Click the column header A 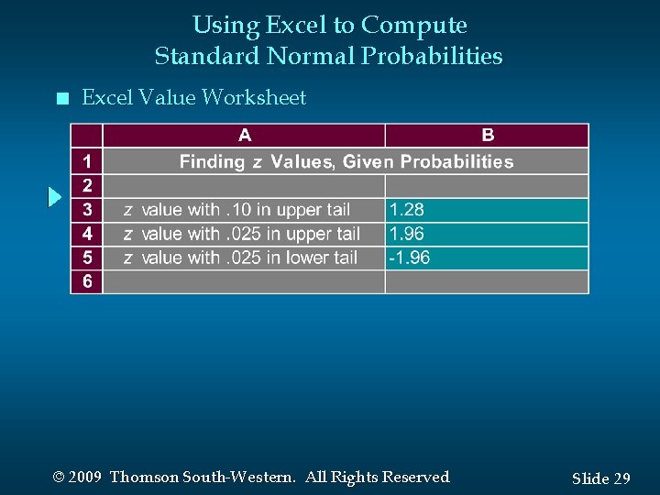point(245,136)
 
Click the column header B point(488,136)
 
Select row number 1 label point(87,162)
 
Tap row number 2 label point(87,186)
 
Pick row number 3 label point(87,210)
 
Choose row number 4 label point(87,234)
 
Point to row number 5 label point(87,258)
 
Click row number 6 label point(87,281)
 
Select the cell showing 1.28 point(487,210)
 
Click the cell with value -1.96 point(487,258)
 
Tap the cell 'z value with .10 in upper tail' point(243,210)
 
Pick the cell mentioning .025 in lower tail point(243,258)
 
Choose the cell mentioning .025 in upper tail point(243,234)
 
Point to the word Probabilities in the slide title point(432,56)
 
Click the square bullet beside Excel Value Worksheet point(61,99)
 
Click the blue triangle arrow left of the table point(55,197)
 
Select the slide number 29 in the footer point(621,478)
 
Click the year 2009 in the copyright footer point(84,477)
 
